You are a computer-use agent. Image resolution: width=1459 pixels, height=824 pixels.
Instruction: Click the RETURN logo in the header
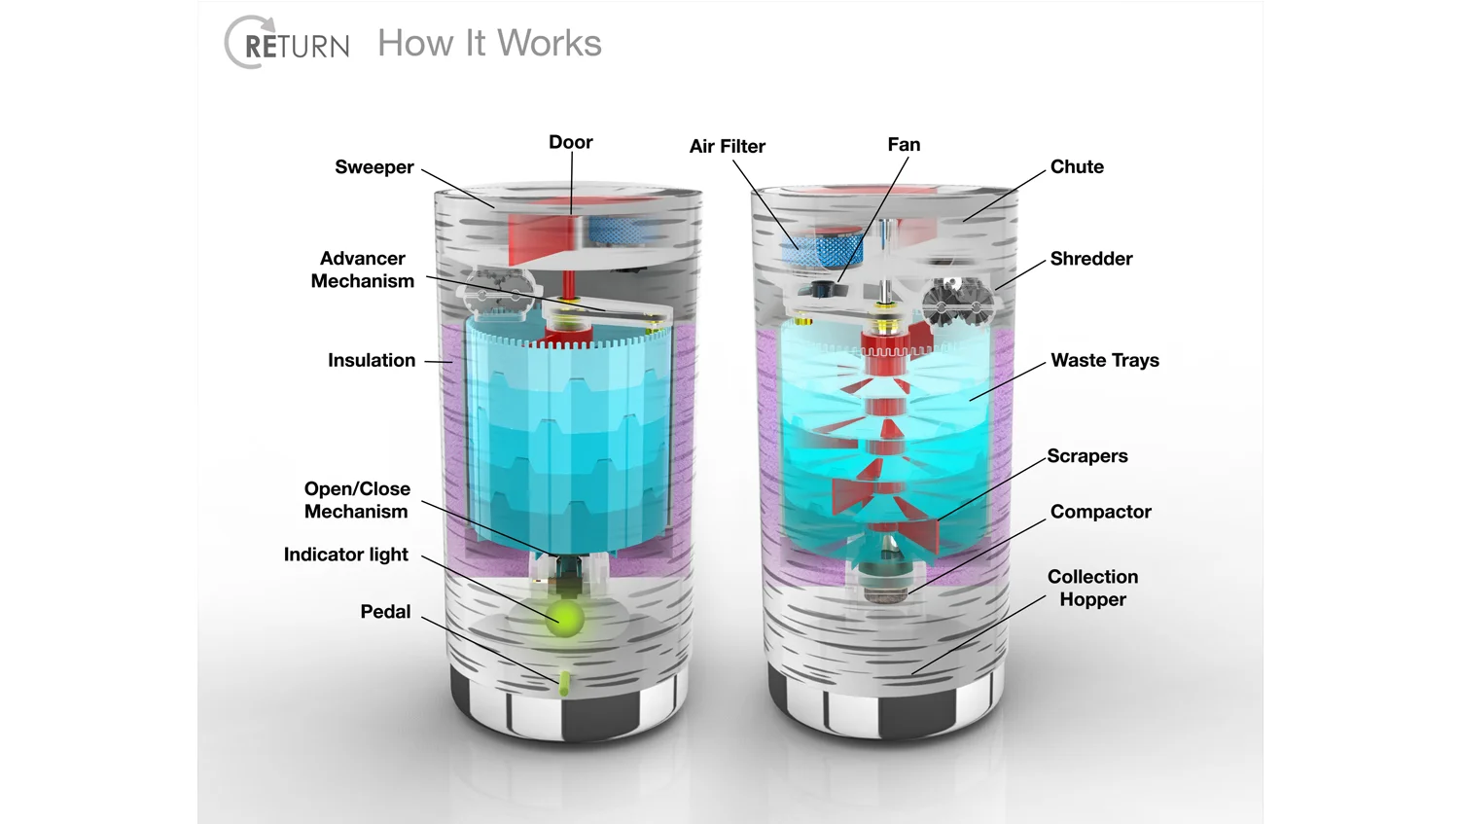287,43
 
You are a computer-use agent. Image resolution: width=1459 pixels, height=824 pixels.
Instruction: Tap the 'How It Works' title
489,43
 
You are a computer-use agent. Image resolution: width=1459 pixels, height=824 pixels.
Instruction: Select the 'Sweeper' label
374,167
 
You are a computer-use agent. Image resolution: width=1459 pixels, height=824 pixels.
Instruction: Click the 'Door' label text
571,142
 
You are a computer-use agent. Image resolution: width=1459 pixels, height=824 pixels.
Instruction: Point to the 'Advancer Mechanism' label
362,269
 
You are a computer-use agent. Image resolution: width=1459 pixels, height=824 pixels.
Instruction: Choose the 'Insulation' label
372,360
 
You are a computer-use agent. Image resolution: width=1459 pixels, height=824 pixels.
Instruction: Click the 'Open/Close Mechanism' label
357,500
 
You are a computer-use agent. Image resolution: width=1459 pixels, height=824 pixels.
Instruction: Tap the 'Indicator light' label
346,555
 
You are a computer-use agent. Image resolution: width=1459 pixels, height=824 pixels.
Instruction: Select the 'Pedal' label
385,612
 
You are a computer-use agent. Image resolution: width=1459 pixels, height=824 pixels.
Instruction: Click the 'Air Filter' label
727,147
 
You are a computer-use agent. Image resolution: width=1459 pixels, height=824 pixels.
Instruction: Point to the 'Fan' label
904,145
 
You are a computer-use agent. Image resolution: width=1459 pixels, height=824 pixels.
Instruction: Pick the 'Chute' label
1077,166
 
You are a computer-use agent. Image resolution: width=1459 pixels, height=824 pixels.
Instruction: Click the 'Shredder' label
1091,259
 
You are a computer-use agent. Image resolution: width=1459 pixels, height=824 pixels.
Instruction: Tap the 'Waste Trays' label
1105,360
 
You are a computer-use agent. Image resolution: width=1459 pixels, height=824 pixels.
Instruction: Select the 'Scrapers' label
1087,456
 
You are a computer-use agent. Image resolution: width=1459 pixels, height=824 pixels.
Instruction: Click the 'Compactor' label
1101,512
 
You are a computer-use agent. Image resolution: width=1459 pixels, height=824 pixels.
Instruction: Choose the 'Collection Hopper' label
1092,589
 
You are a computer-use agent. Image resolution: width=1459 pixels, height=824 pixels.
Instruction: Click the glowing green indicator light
564,618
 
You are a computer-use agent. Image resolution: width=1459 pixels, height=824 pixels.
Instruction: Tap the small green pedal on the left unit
564,683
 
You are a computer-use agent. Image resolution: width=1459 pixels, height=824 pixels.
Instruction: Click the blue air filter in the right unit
822,248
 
